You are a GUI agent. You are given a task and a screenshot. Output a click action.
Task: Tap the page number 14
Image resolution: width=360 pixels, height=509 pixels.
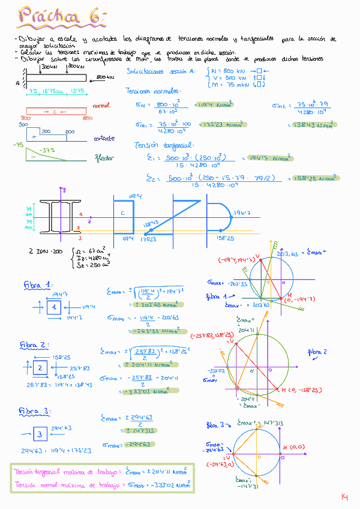pos(344,497)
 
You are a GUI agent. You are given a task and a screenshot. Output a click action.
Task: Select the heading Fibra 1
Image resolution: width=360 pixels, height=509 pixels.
pos(38,284)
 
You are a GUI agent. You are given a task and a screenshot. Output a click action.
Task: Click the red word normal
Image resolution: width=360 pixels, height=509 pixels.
pos(101,106)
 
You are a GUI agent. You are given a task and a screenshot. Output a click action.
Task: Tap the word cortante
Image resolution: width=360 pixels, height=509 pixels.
pos(104,138)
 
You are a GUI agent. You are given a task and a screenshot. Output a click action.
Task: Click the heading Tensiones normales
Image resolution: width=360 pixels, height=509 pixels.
pos(153,91)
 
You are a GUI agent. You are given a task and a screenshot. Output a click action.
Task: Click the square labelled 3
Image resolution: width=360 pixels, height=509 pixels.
pos(40,433)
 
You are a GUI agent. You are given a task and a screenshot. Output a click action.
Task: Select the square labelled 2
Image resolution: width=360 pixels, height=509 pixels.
pos(40,367)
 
